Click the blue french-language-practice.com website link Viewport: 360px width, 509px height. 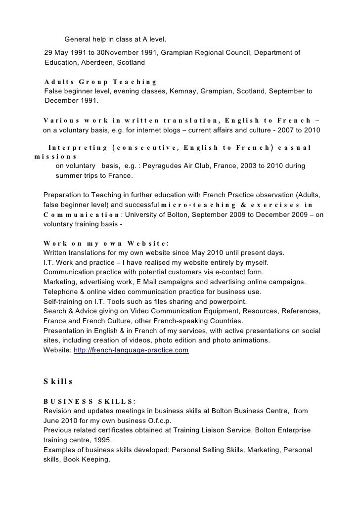[131, 350]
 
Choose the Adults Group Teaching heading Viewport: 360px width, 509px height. [100, 82]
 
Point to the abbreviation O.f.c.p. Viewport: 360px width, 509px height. [157, 421]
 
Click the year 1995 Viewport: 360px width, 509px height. [102, 440]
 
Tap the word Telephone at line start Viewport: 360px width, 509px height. [60, 292]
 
